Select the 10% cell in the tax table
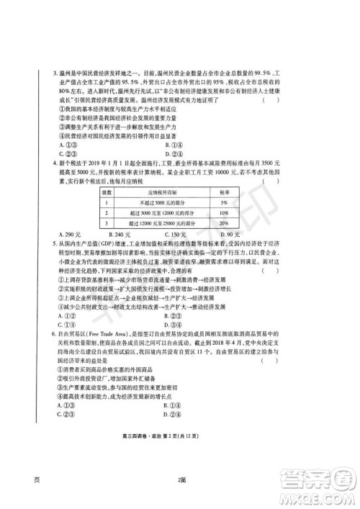coord(224,215)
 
